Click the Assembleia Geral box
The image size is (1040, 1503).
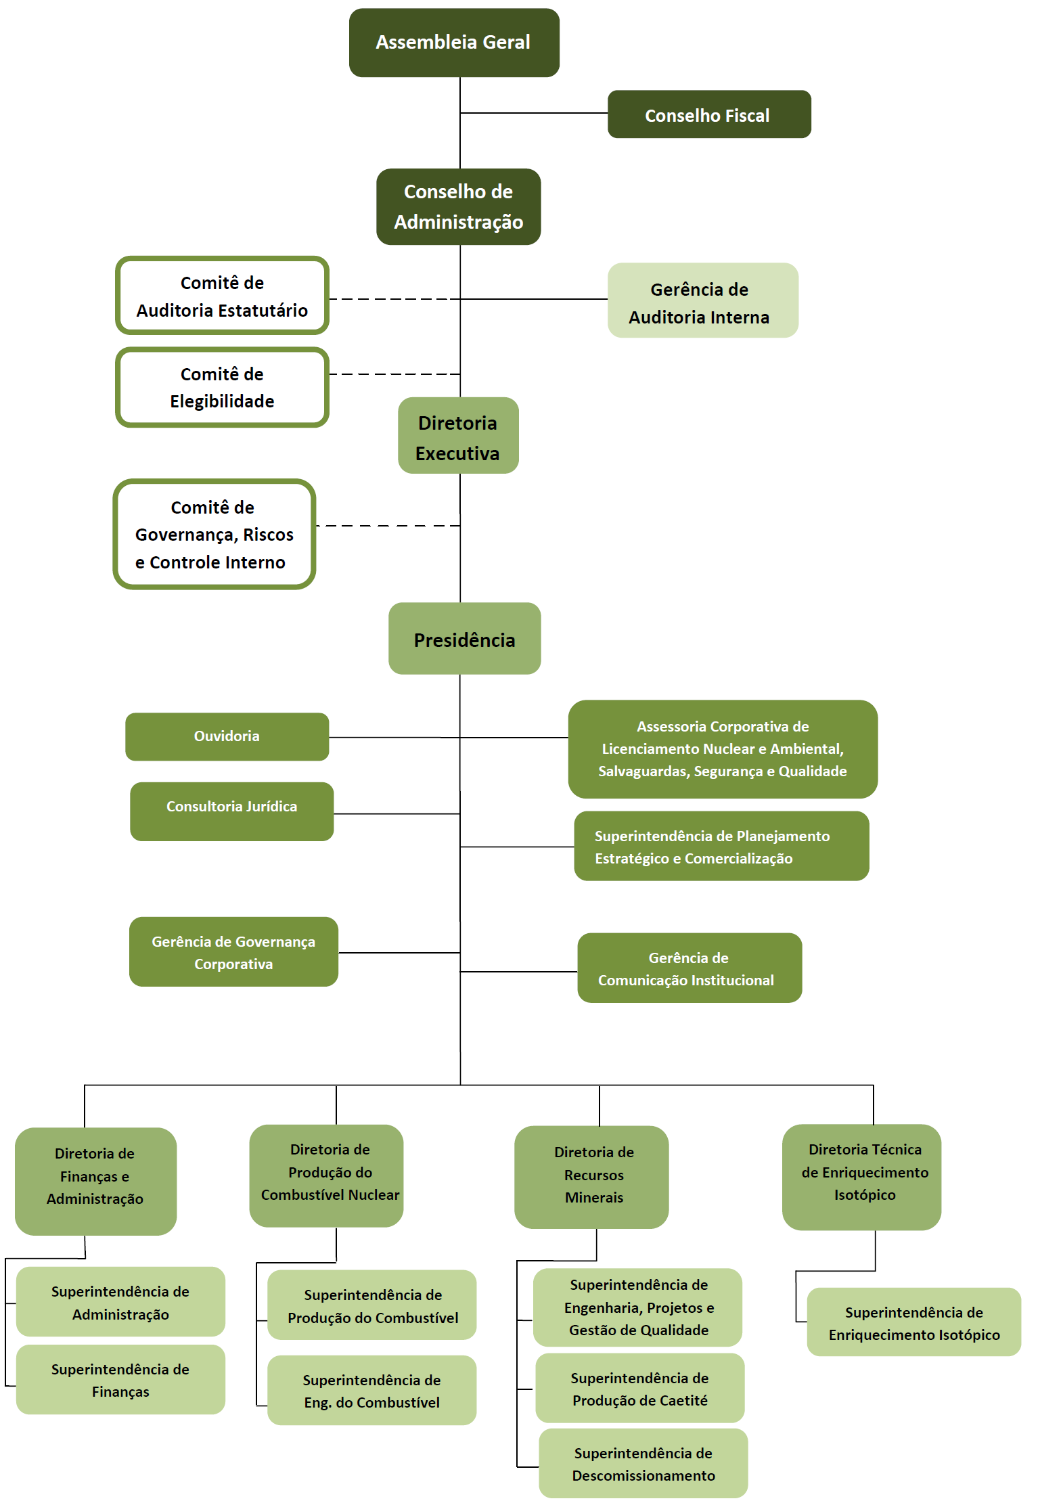[454, 43]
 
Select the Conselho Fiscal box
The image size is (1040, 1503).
[709, 114]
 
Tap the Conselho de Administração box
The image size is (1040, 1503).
[459, 206]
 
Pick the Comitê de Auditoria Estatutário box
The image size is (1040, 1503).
[222, 296]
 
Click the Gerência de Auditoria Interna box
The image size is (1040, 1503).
[703, 300]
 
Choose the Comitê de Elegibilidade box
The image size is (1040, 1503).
[222, 387]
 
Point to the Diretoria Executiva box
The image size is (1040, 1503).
[458, 435]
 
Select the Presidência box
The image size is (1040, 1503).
[465, 638]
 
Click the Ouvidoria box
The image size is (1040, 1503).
[227, 736]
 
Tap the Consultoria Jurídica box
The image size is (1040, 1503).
[232, 811]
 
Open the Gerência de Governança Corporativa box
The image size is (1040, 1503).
[233, 951]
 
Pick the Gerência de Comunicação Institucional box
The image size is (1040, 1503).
[689, 968]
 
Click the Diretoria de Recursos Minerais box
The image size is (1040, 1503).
[591, 1177]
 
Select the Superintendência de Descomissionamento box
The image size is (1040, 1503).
[643, 1463]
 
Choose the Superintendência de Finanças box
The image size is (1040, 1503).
[120, 1379]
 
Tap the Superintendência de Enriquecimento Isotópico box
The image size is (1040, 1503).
[914, 1322]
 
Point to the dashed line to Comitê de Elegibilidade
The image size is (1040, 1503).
[395, 374]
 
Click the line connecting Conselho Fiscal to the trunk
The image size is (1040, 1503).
[534, 113]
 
